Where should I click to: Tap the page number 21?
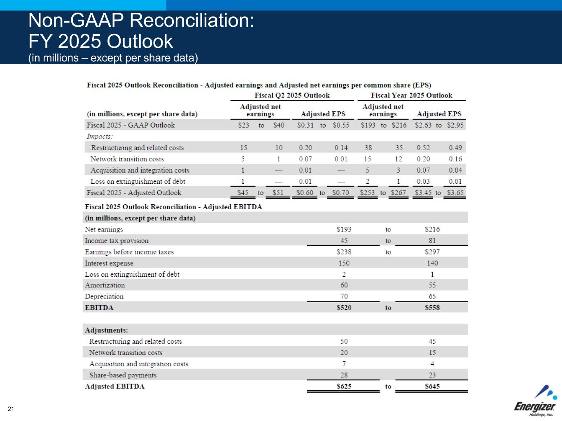(11, 409)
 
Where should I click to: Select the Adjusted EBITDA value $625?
(344, 386)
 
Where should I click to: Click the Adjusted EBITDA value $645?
(432, 386)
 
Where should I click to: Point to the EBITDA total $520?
(344, 308)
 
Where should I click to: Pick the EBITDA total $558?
(432, 308)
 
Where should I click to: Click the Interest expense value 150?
(344, 263)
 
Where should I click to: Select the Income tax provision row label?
(117, 241)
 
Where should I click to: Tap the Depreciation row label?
(104, 296)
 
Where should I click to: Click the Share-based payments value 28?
(344, 375)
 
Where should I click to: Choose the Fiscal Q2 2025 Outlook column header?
(292, 95)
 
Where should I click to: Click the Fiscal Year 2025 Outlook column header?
(411, 95)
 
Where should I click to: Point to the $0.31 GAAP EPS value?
(305, 125)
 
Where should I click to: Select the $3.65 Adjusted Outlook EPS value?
(455, 193)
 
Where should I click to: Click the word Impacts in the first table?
(99, 136)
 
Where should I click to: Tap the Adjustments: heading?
(106, 330)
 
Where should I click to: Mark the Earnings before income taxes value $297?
(432, 252)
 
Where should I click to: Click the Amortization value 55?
(432, 285)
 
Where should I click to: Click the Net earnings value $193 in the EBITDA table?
(344, 229)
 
